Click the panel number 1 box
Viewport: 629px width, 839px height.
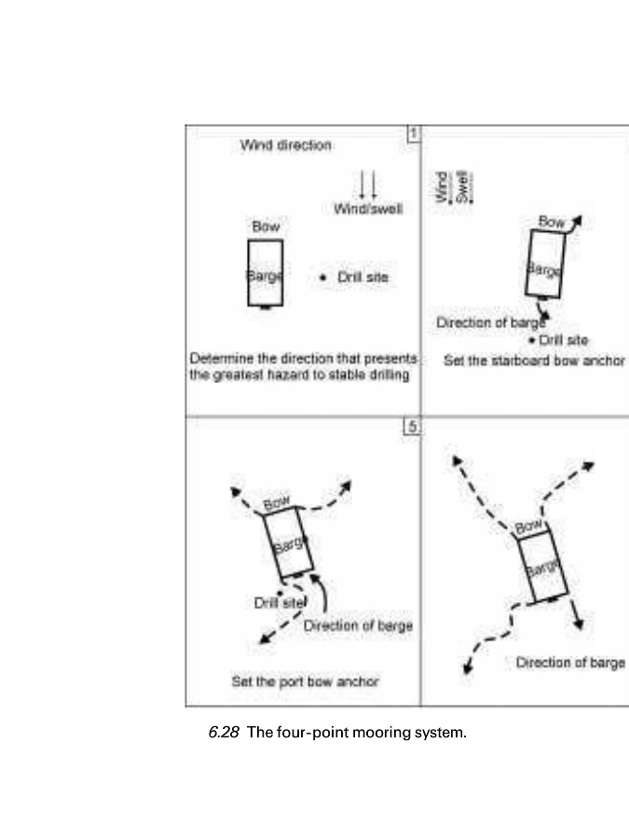[413, 134]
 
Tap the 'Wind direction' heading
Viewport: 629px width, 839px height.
[285, 145]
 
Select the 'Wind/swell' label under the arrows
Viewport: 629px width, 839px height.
[368, 210]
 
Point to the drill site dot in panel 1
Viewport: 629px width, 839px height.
[322, 277]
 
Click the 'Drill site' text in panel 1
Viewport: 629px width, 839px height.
[362, 277]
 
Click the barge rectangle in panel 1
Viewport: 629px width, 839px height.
[266, 272]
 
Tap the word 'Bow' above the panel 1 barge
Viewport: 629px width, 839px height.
[266, 227]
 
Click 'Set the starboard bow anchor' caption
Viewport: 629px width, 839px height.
[534, 360]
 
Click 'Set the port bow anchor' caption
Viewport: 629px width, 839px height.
[305, 681]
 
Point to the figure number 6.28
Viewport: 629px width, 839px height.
[224, 733]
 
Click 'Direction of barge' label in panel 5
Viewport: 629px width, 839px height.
[358, 626]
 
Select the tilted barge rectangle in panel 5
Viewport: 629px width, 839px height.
[288, 542]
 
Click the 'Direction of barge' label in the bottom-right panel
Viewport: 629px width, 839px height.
[569, 662]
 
